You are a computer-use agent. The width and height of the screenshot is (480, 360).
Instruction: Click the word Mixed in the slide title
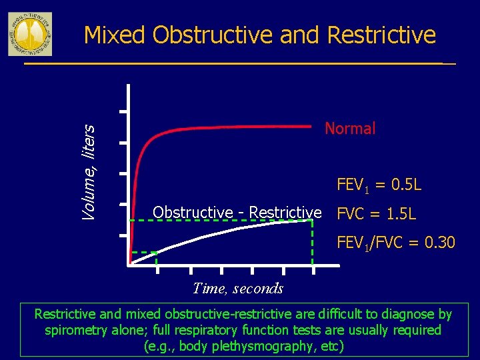point(115,35)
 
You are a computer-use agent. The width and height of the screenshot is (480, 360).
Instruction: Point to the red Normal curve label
point(350,129)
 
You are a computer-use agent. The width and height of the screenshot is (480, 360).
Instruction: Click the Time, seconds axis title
point(238,289)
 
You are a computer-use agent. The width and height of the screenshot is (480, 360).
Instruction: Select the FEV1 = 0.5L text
point(379,184)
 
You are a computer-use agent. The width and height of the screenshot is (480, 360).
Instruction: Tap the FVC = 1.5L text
point(377,214)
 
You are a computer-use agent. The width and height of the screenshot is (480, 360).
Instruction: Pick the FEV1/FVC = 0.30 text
point(396,243)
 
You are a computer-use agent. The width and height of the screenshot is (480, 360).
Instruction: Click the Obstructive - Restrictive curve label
point(237,212)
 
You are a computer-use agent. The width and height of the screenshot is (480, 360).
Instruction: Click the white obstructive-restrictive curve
point(220,233)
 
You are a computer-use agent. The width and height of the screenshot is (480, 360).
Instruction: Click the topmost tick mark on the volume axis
point(123,111)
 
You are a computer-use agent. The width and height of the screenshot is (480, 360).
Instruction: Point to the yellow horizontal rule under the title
point(233,64)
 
